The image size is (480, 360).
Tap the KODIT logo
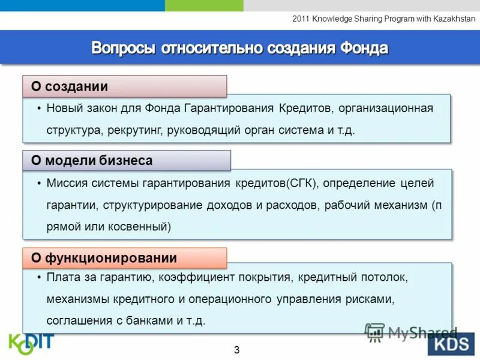(x=31, y=343)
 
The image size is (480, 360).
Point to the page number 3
(x=237, y=349)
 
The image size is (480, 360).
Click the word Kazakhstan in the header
(x=455, y=19)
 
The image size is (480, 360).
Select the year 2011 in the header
(x=301, y=19)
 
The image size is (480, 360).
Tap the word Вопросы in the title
(x=123, y=47)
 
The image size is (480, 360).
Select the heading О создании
(x=70, y=86)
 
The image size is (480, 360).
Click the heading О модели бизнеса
(x=92, y=161)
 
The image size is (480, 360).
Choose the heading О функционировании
(x=104, y=258)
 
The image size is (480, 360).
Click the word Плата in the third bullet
(x=62, y=277)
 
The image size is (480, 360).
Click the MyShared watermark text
(x=422, y=332)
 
